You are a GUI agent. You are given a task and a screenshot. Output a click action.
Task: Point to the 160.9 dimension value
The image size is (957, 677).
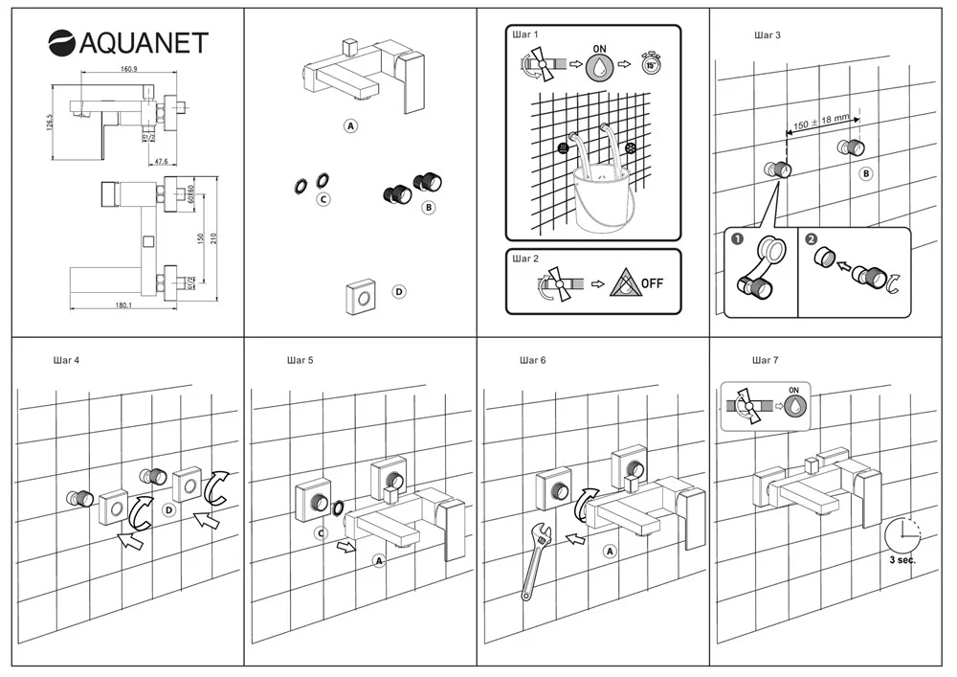[x=130, y=70]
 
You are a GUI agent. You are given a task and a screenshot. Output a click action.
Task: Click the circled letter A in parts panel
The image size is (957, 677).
[x=351, y=125]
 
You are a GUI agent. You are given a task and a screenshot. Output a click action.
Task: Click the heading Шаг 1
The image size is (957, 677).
[x=527, y=35]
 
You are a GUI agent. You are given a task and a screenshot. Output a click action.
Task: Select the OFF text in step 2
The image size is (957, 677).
[x=652, y=283]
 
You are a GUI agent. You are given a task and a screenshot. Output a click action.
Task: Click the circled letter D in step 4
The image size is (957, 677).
[x=168, y=511]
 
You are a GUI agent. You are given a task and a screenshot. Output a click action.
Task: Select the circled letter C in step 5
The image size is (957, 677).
[x=323, y=532]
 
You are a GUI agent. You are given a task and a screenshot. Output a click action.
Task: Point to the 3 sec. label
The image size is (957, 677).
[x=901, y=560]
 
